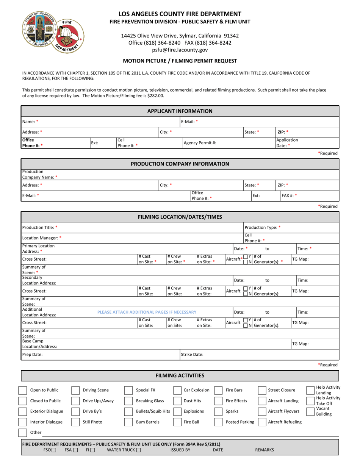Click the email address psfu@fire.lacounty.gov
click(x=180, y=50)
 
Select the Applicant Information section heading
click(x=180, y=111)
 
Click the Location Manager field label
click(x=42, y=238)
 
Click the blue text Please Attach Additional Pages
click(x=147, y=312)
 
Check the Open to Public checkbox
click(x=23, y=390)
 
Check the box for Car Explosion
click(x=177, y=390)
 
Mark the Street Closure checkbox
click(x=262, y=390)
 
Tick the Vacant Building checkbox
click(x=310, y=411)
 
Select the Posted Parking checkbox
click(x=218, y=422)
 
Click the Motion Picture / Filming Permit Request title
click(x=180, y=61)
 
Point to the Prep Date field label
click(x=32, y=355)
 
